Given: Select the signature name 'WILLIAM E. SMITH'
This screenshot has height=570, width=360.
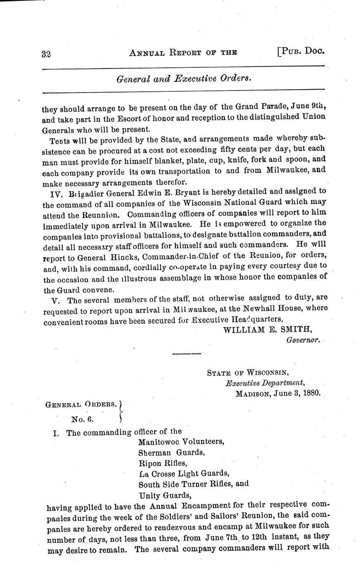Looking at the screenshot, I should (x=267, y=329).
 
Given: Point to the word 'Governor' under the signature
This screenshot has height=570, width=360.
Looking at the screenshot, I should (x=303, y=340).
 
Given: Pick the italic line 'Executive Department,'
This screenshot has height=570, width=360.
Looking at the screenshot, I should (x=264, y=382).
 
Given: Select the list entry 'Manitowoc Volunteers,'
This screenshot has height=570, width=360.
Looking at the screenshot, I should (x=181, y=441).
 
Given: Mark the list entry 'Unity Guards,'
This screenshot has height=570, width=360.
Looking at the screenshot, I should (x=164, y=495).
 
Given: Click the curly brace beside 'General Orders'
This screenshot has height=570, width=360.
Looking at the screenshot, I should (x=121, y=411).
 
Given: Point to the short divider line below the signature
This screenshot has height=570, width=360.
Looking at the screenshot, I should (x=186, y=354).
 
